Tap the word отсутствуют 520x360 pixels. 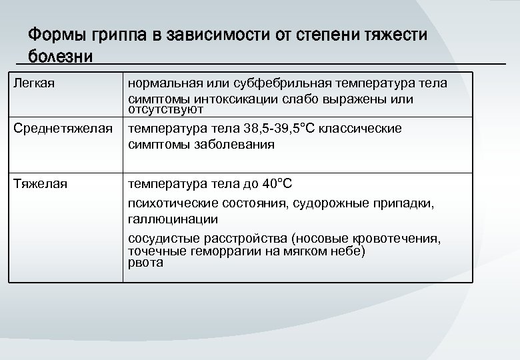click(x=165, y=109)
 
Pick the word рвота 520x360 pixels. click(x=145, y=263)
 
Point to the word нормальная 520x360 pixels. click(x=164, y=83)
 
